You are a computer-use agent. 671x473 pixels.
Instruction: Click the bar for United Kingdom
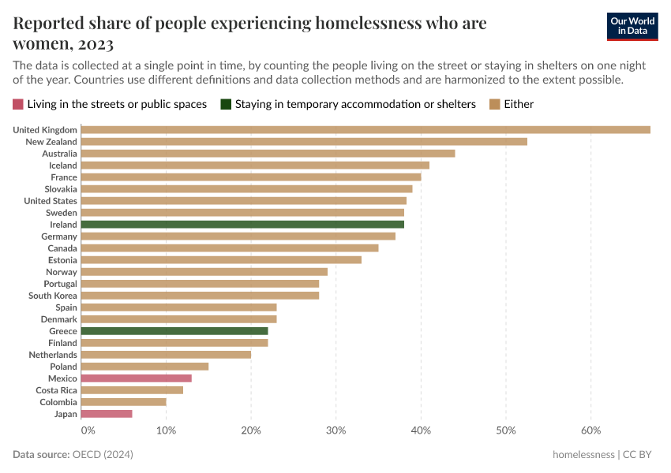(365, 130)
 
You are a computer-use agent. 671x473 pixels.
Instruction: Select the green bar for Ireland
(242, 225)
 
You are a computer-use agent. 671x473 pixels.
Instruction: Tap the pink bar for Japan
(107, 414)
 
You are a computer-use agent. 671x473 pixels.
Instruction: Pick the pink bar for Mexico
(137, 378)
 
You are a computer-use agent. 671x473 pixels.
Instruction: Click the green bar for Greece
(174, 331)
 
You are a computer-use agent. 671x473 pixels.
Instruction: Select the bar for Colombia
(124, 402)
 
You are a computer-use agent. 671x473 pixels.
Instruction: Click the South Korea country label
(53, 296)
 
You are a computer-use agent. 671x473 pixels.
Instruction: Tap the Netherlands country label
(52, 355)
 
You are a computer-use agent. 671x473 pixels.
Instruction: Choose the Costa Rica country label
(56, 390)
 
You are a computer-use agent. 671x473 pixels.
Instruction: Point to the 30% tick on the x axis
(336, 430)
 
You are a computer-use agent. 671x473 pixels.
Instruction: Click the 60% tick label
(590, 430)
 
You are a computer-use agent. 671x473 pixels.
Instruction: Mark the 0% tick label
(88, 430)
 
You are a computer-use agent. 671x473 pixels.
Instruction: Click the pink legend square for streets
(18, 104)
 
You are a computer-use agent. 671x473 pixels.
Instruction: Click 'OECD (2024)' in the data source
(103, 455)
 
